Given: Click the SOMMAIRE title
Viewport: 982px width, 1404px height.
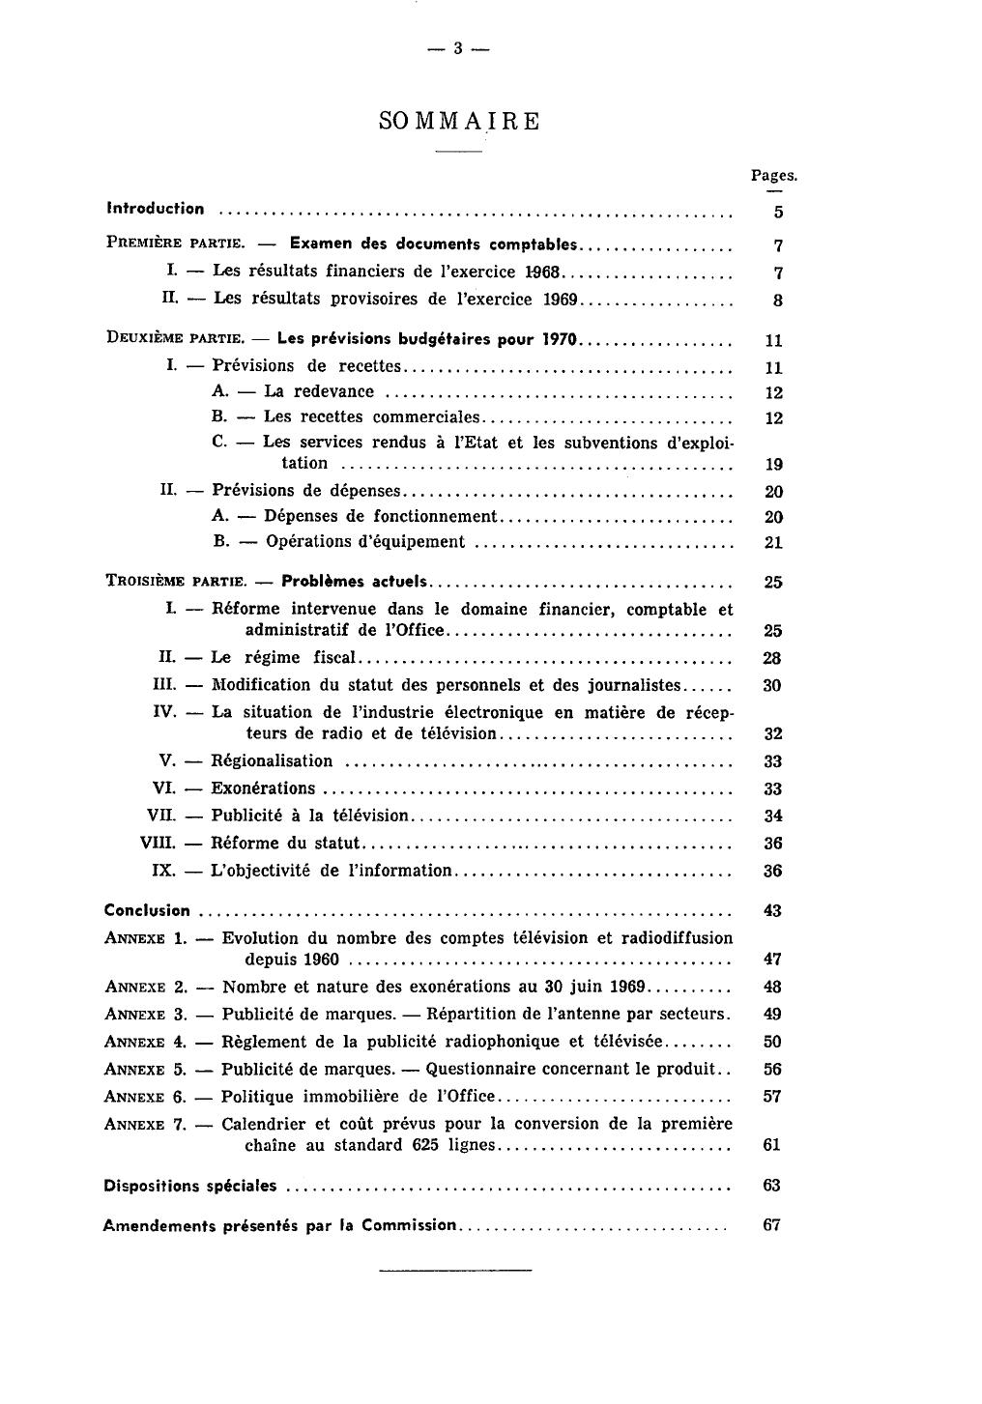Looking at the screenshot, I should click(459, 122).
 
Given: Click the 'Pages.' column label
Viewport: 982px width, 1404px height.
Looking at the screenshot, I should click(773, 176).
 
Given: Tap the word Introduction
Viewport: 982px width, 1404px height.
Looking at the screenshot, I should click(156, 209).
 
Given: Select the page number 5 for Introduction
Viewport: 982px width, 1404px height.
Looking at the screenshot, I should click(778, 213).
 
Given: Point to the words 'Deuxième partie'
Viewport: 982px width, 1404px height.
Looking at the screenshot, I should click(174, 339).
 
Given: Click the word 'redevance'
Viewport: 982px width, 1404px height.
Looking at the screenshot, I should click(333, 391).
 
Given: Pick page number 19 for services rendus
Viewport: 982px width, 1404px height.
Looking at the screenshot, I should click(773, 465).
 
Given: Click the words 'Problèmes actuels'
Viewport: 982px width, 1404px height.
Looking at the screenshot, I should click(354, 582).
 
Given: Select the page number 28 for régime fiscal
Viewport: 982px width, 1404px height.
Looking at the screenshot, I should click(772, 659).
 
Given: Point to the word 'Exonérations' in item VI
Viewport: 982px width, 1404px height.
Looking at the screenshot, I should click(264, 788).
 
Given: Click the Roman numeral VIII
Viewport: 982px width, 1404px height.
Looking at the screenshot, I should click(158, 844).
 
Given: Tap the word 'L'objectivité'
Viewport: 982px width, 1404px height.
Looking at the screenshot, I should click(260, 871).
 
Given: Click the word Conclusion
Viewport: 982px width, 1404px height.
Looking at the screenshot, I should click(147, 910).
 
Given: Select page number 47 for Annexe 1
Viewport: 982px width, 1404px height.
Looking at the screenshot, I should click(772, 960).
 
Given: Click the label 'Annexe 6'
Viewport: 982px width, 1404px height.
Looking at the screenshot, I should click(145, 1097).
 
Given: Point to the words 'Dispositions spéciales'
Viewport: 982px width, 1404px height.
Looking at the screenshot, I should click(189, 1186).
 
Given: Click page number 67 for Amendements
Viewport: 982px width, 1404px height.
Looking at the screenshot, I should click(771, 1225).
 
